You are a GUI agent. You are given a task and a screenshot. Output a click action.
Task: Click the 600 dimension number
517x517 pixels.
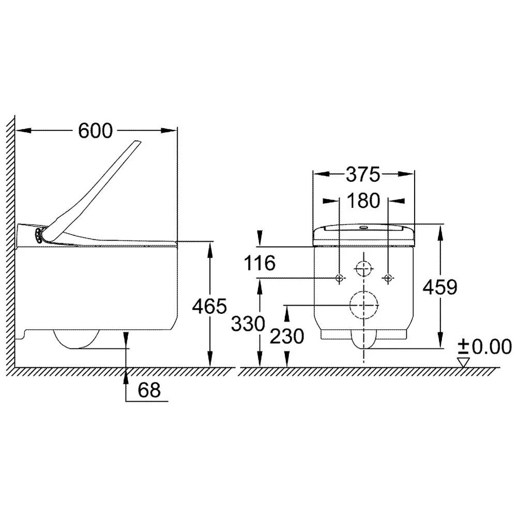[95, 131]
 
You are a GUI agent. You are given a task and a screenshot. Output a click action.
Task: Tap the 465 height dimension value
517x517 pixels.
[209, 306]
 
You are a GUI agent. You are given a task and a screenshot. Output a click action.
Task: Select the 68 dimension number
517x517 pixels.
[149, 390]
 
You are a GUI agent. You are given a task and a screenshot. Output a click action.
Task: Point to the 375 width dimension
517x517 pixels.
[363, 174]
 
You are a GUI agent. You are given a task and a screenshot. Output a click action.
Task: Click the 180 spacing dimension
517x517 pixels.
[363, 201]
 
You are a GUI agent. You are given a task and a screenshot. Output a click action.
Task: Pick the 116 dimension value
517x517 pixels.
[259, 263]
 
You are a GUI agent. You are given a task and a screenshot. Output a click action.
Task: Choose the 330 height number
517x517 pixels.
[248, 324]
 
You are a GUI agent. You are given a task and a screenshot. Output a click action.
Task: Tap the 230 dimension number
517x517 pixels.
[287, 337]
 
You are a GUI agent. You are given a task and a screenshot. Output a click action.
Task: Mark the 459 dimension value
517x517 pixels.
[440, 287]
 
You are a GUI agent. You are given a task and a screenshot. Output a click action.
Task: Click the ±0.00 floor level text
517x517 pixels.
[485, 346]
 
